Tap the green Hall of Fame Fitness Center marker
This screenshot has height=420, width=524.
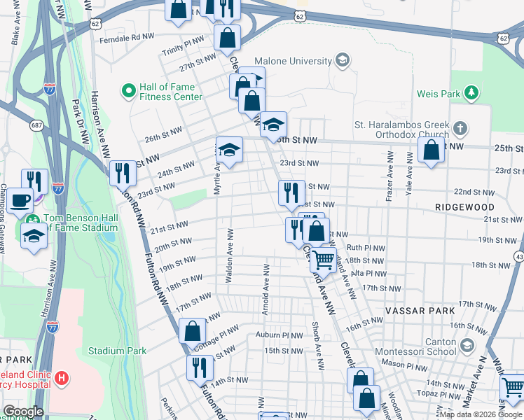coord(129,91)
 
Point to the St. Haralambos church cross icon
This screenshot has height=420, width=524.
coord(460,129)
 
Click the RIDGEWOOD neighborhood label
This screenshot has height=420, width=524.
coord(464,208)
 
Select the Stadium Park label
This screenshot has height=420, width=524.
coord(117,350)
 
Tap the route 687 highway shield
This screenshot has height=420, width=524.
coord(36,125)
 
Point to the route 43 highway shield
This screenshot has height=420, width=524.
coord(518,258)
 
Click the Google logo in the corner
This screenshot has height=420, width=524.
coord(24,412)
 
